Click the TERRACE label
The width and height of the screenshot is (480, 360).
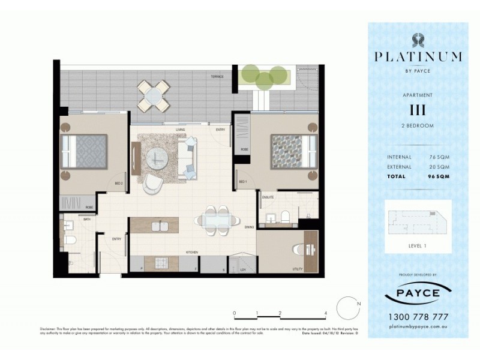217,77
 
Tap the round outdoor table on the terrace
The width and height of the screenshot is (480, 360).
153,95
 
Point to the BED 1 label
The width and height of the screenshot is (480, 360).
242,181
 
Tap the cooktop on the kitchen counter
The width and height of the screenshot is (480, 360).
163,262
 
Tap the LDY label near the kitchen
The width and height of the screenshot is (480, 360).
243,270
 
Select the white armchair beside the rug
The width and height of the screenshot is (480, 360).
152,182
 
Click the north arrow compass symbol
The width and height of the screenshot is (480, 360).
347,308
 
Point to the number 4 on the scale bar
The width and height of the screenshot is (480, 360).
325,313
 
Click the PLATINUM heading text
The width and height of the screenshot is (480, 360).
418,57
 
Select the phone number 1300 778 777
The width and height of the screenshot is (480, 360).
418,316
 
